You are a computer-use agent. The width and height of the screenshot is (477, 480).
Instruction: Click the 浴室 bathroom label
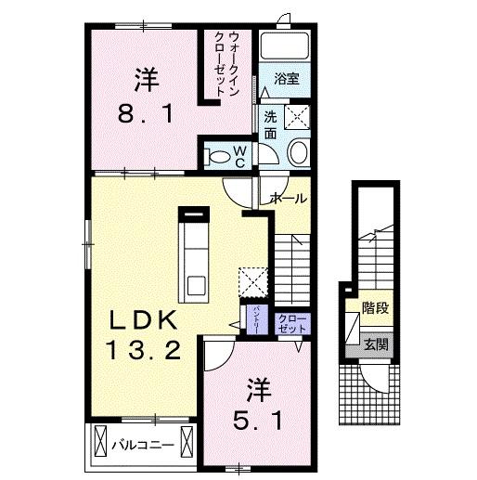click(287, 80)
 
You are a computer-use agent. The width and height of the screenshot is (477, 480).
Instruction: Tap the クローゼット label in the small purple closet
click(291, 324)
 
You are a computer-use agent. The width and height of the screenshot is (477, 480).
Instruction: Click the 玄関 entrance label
click(376, 345)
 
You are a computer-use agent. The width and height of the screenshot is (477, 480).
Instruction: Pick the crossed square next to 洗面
click(296, 118)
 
